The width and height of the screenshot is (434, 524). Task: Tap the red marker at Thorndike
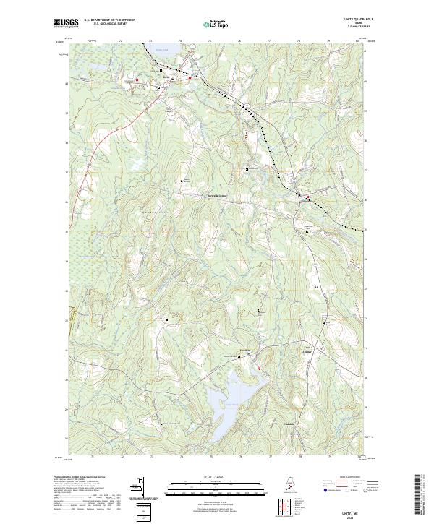[307, 197]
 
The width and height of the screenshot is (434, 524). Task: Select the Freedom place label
[244, 352]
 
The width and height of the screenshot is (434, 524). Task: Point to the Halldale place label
[291, 423]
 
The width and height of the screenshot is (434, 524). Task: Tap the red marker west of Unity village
[137, 79]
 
